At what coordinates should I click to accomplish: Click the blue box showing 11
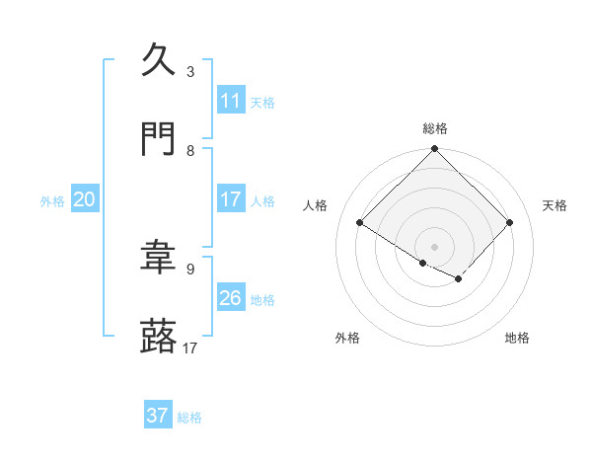pos(231,101)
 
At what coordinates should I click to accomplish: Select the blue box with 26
pos(231,298)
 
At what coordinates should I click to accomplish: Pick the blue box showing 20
pos(85,199)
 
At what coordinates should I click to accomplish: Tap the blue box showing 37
pos(158,416)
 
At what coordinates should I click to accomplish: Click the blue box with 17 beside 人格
pos(231,199)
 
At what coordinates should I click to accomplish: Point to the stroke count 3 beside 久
pos(190,71)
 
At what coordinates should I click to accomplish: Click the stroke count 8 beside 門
pos(190,151)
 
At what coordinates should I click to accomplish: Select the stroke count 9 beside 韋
pos(190,269)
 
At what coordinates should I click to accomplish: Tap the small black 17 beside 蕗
pos(190,348)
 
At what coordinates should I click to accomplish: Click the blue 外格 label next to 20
pos(52,200)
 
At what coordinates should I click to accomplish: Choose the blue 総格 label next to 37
pos(189,417)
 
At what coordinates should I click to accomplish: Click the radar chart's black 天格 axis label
pos(555,205)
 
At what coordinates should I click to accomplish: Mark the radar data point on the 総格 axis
pos(434,150)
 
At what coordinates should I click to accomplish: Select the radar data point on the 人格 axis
pos(360,223)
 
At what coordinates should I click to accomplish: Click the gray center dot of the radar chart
pos(434,246)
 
